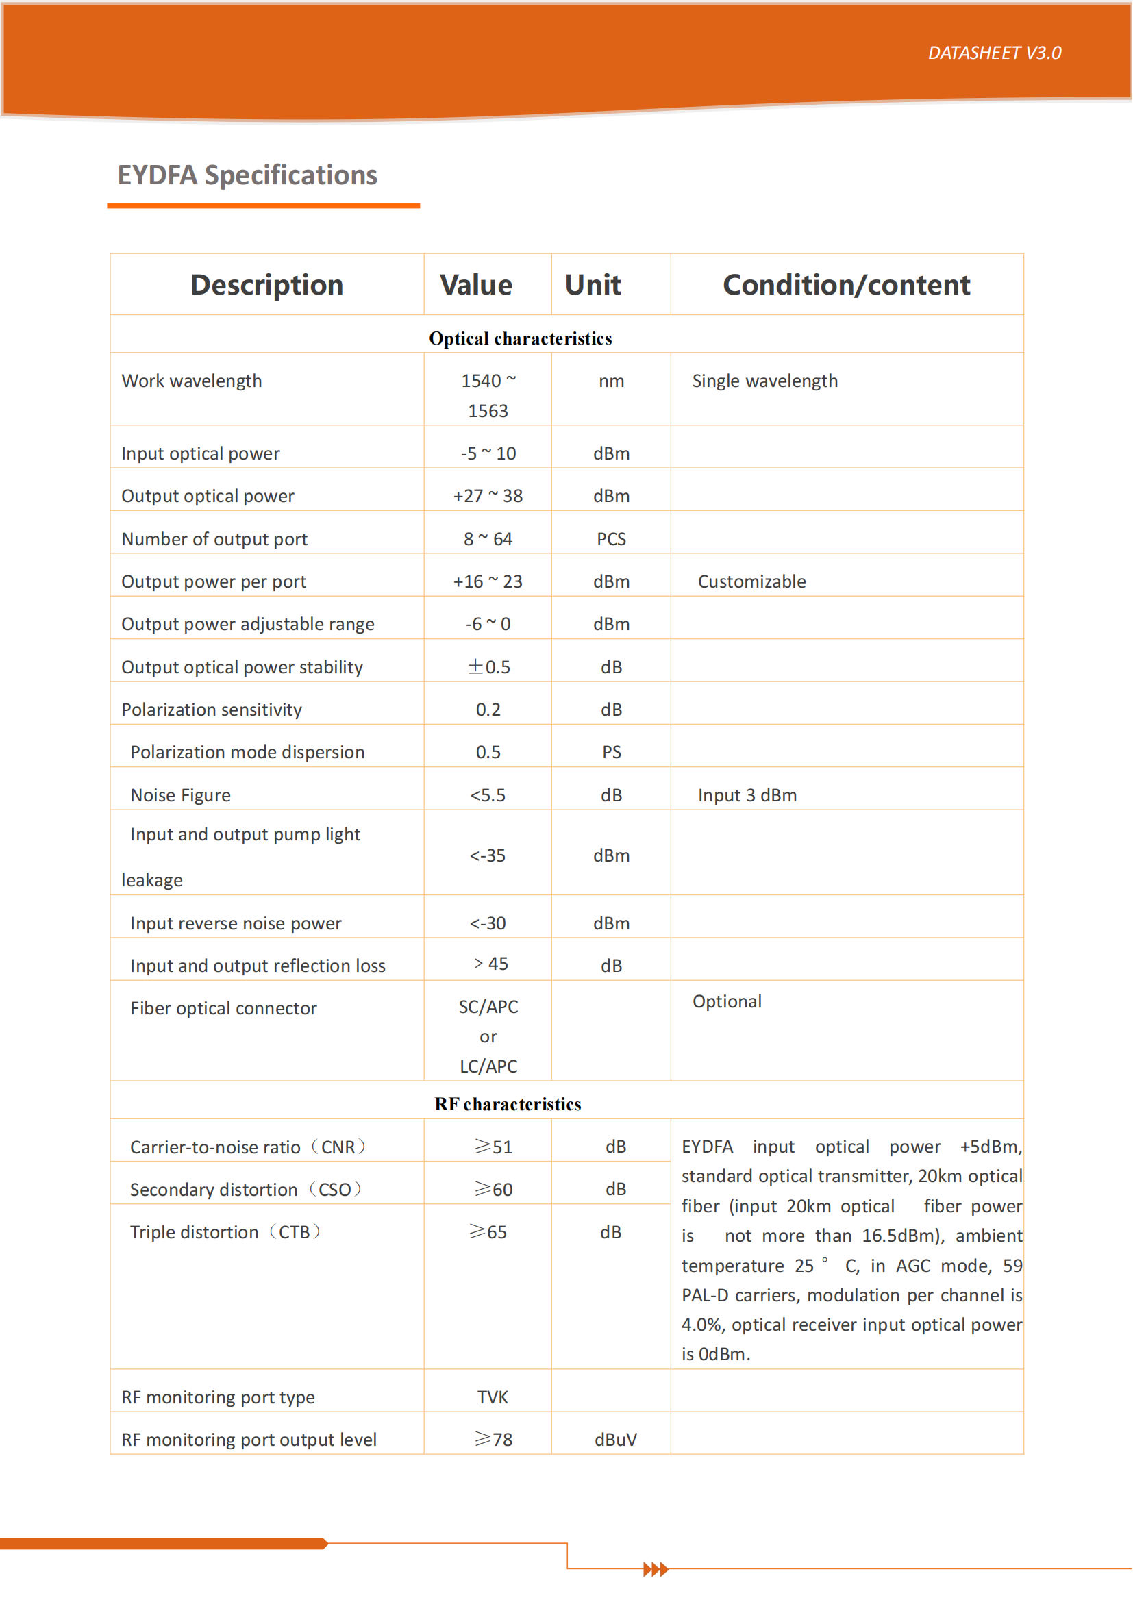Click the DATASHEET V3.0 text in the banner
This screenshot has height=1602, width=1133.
[x=994, y=53]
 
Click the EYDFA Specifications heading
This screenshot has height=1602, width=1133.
[x=248, y=175]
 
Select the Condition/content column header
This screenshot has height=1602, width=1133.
[x=846, y=286]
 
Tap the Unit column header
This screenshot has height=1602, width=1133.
[x=593, y=286]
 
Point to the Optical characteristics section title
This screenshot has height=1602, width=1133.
[x=521, y=339]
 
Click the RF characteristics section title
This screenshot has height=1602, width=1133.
[x=508, y=1105]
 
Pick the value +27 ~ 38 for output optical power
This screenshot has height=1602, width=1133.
[x=488, y=496]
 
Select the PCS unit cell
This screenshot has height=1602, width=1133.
[x=611, y=539]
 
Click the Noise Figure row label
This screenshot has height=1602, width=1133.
[x=180, y=795]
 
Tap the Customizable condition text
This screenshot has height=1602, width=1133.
[x=751, y=582]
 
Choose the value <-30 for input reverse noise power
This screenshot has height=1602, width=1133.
[x=488, y=924]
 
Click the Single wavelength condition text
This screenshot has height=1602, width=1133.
[x=764, y=381]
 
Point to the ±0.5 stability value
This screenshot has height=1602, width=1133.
[x=488, y=667]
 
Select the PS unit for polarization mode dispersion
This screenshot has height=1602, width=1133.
[x=611, y=752]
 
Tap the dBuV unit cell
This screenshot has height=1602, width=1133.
[x=615, y=1440]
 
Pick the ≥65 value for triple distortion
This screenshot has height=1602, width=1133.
[x=488, y=1232]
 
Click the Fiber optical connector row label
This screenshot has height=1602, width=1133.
[x=223, y=1009]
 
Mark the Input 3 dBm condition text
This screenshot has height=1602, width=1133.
[x=747, y=795]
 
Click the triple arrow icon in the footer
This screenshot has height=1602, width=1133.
[x=656, y=1570]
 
